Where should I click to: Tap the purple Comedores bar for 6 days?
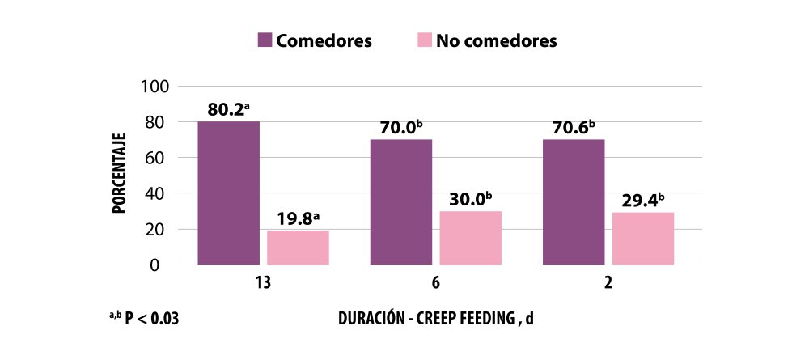point(401,201)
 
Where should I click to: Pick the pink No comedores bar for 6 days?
point(471,238)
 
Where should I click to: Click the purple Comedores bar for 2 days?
point(574,201)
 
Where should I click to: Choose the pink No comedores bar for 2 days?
point(643,239)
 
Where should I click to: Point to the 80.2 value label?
point(227,110)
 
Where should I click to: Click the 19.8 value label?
point(295,218)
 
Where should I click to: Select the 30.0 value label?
point(468,200)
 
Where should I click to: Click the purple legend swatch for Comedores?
point(265,40)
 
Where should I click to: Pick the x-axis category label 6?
point(435,285)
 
